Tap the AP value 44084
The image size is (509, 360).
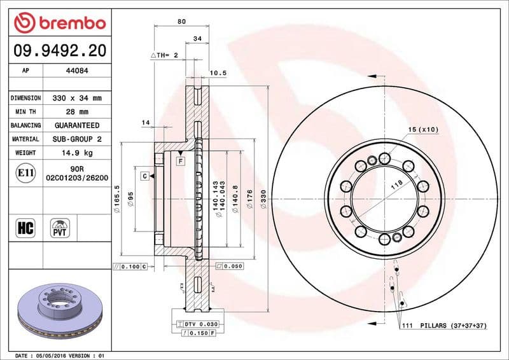point(77,71)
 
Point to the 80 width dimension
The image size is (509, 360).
point(181,22)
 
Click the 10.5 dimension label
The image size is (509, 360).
point(219,73)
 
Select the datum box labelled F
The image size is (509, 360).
point(181,161)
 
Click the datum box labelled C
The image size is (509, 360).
point(144,176)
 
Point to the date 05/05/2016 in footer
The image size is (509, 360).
point(53,354)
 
